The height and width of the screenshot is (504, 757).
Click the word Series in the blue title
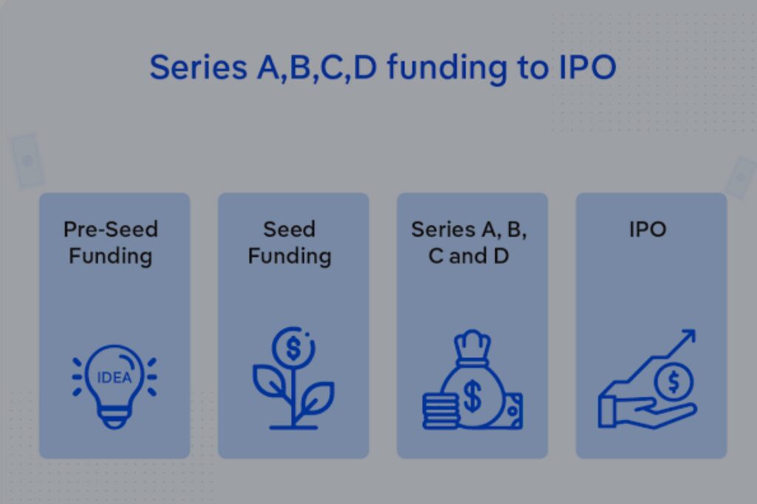click(198, 67)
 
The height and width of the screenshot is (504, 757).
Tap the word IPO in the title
click(587, 67)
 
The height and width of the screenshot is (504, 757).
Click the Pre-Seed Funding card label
click(111, 243)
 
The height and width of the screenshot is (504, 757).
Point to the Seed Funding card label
click(290, 243)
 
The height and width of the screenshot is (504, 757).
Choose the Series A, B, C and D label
click(469, 243)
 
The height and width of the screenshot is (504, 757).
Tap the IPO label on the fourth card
click(648, 229)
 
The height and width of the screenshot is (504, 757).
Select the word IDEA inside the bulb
click(115, 377)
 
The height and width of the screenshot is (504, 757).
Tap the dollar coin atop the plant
click(293, 347)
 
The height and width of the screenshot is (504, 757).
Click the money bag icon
click(472, 379)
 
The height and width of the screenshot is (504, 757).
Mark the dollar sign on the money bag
click(472, 396)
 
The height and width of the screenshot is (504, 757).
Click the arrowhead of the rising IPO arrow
click(688, 336)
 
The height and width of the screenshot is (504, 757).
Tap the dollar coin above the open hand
click(673, 382)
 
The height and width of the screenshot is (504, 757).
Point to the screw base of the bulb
click(115, 418)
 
